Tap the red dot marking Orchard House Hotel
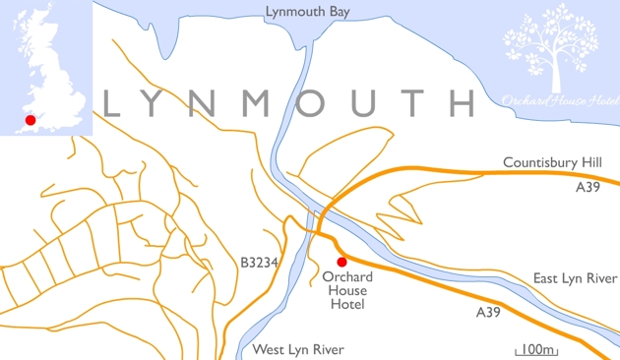click(x=341, y=262)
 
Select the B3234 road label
click(x=259, y=263)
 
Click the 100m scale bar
click(x=536, y=350)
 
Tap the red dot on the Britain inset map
click(x=31, y=120)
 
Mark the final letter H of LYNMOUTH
click(x=458, y=103)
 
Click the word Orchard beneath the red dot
click(x=347, y=277)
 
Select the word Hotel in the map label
click(x=347, y=305)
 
